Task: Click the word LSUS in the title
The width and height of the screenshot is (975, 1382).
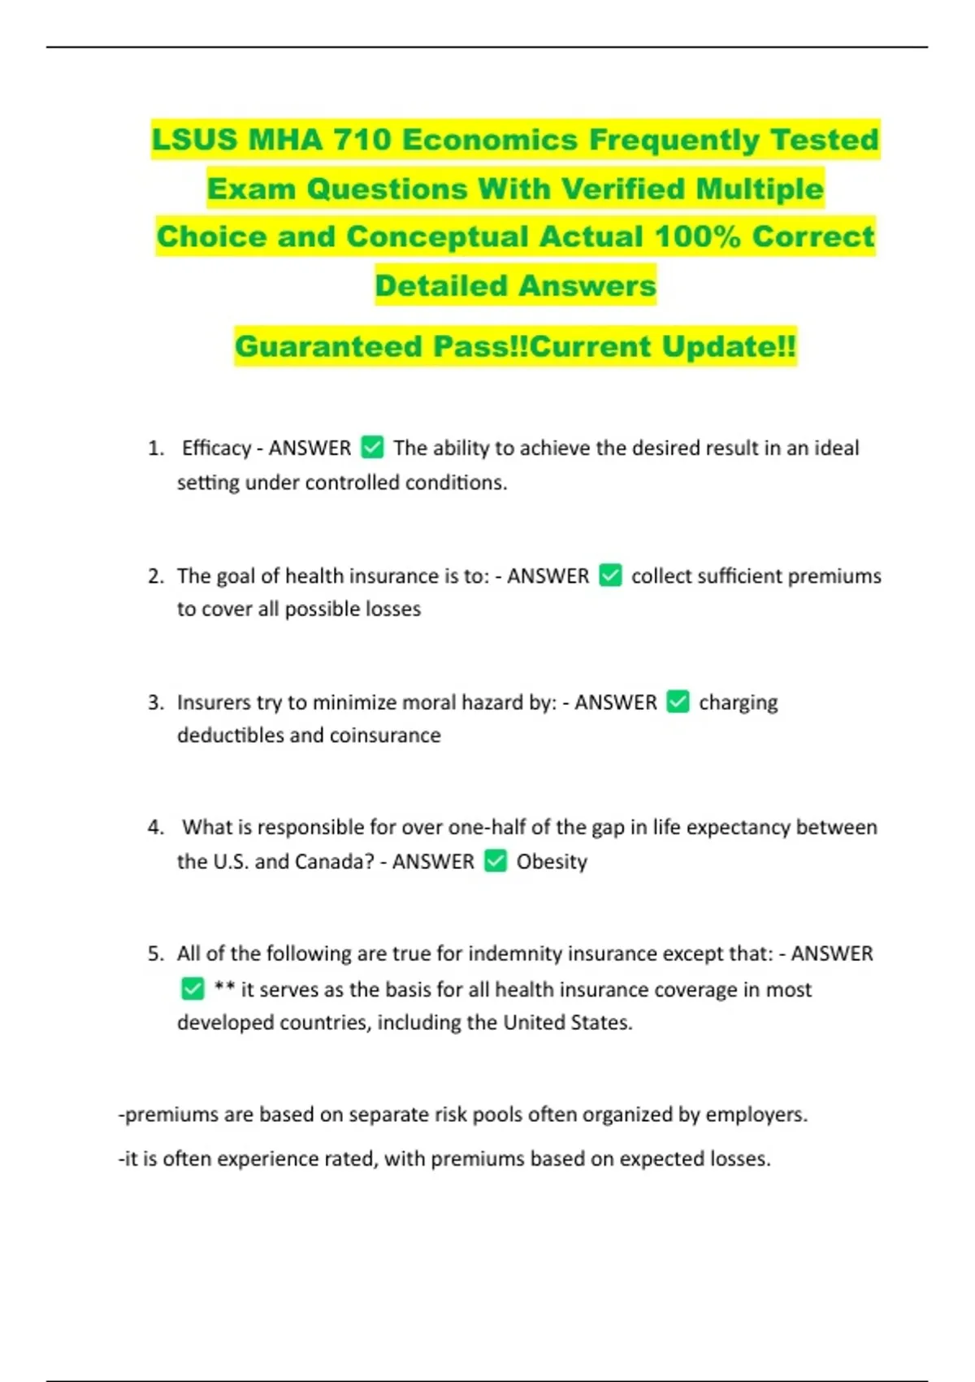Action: (x=194, y=140)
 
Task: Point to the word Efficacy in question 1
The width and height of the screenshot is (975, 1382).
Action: (x=216, y=448)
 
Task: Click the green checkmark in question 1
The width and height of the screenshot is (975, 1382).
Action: (x=372, y=447)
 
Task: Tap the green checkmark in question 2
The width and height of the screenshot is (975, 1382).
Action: (x=610, y=576)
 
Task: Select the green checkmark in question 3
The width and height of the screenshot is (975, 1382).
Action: (x=678, y=702)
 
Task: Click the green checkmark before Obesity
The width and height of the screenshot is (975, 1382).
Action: (x=496, y=861)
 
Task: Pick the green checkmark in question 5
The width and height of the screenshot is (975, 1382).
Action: (x=193, y=989)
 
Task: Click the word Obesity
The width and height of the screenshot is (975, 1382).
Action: (x=552, y=862)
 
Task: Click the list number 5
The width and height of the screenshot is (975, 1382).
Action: (x=155, y=954)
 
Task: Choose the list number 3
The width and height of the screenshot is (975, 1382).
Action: (x=155, y=702)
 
